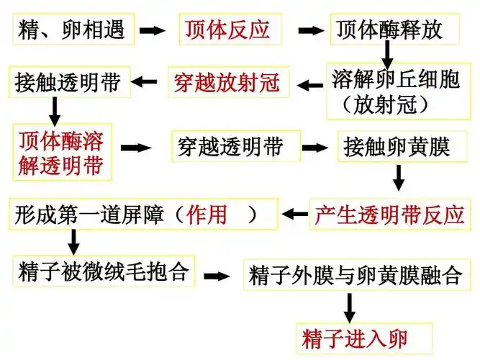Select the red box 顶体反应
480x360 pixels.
tap(227, 30)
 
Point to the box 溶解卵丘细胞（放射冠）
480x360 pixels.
tap(394, 91)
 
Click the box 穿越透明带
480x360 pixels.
tap(230, 148)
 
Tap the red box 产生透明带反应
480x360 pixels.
tap(389, 214)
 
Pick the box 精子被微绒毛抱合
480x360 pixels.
tap(101, 271)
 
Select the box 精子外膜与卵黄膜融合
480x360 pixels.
tap(354, 275)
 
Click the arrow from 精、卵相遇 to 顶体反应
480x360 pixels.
tap(152, 31)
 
